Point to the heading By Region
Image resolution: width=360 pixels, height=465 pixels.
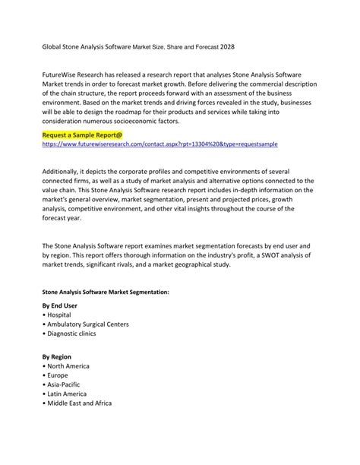pyautogui.click(x=58, y=356)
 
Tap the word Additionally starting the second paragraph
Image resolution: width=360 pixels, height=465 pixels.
pyautogui.click(x=63, y=172)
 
